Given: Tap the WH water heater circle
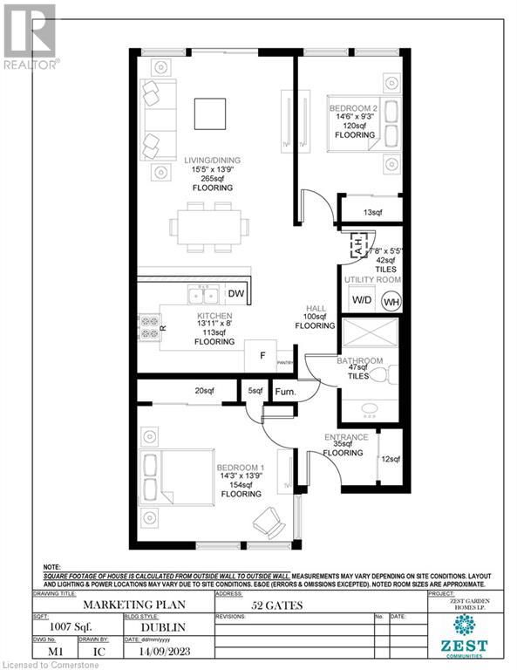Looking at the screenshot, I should tap(391, 302).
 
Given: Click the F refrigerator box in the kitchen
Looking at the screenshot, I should tap(261, 355).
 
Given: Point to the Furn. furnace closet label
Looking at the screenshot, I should tap(286, 393).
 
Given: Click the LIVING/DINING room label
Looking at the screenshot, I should tap(212, 161).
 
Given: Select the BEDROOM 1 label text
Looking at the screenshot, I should tap(240, 469).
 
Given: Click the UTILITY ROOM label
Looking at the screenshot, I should tap(371, 278).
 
